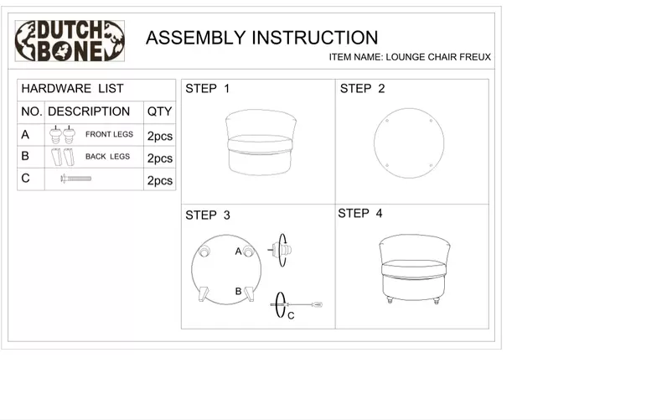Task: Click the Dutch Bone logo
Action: point(70,41)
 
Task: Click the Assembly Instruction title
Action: point(261,38)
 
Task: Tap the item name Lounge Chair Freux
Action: point(411,58)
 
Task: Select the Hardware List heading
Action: point(72,89)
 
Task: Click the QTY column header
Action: point(159,111)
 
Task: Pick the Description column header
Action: point(89,111)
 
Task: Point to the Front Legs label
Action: point(109,135)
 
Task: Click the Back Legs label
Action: point(107,157)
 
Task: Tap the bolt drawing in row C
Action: point(75,179)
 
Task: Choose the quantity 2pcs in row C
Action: point(159,180)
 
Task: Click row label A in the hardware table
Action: point(25,135)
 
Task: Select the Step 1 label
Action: point(207,89)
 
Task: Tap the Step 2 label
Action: point(362,89)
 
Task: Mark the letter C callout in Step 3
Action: point(291,316)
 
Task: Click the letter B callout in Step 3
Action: point(238,291)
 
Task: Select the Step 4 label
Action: point(359,214)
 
